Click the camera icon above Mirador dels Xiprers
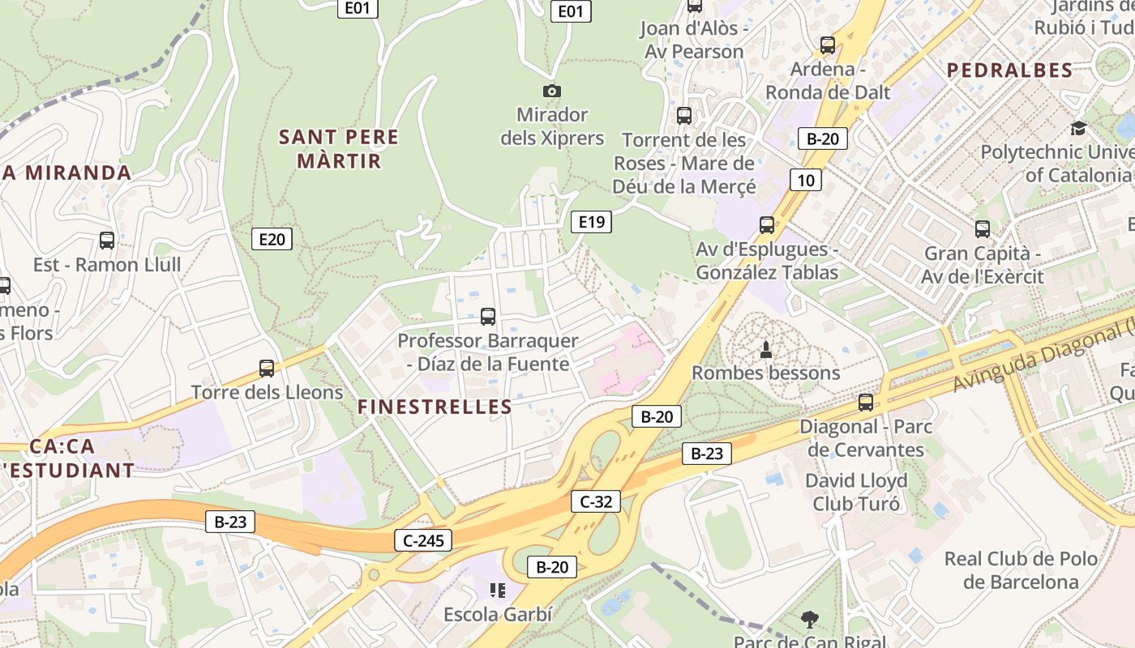click(552, 92)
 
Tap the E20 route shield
click(272, 239)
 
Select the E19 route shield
click(591, 222)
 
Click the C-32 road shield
click(596, 501)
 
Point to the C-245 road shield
click(422, 540)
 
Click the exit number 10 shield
click(805, 180)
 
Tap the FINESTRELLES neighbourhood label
click(435, 407)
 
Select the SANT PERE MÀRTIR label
click(339, 149)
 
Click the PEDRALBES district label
click(1009, 70)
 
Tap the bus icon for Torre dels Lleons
click(267, 369)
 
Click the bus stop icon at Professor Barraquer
click(488, 317)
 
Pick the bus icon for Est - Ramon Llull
click(107, 241)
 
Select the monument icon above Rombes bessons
click(765, 350)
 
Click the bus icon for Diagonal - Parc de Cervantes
click(866, 403)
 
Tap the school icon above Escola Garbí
click(498, 590)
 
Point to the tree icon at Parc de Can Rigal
click(809, 620)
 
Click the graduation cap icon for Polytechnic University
click(1078, 129)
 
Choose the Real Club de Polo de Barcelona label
click(1021, 570)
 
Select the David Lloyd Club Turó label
click(856, 492)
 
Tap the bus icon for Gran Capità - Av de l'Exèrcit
click(983, 229)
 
